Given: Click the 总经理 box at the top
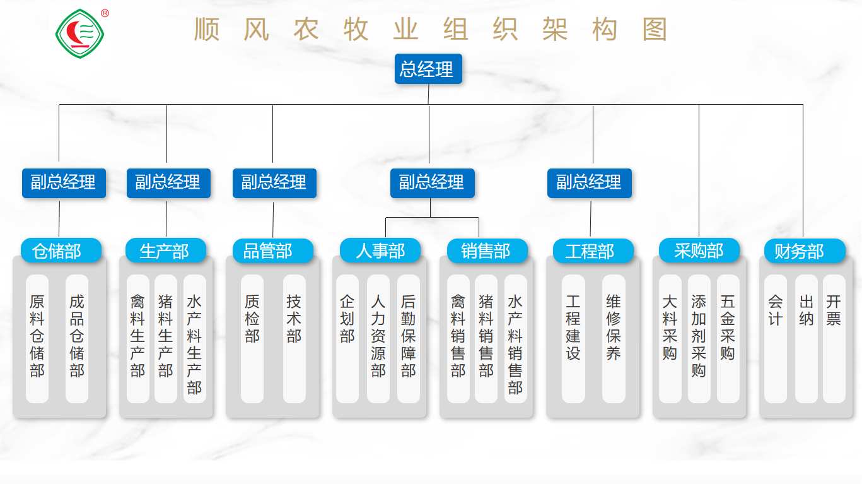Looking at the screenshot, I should click(428, 69).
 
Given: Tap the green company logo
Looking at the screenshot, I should click(78, 33).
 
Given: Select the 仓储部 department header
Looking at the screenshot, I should click(61, 251).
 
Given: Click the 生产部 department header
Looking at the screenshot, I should click(165, 251).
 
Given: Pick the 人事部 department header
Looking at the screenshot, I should click(380, 251).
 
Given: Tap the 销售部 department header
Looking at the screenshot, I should click(486, 251).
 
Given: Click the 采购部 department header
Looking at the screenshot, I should click(699, 251).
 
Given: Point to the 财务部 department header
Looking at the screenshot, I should click(803, 251).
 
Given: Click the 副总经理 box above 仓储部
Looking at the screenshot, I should click(64, 182).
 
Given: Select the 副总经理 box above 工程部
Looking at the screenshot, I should click(589, 182).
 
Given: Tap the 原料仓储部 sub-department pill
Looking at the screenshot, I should click(37, 338).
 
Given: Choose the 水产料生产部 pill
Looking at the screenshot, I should click(194, 338).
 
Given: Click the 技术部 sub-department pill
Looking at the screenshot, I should click(294, 338).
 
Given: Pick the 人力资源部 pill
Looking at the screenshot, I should click(378, 338).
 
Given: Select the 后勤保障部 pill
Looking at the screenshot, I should click(408, 338).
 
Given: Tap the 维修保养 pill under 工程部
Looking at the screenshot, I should click(614, 338).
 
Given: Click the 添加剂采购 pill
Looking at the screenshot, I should click(699, 338).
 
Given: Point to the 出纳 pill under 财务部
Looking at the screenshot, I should click(806, 338).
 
